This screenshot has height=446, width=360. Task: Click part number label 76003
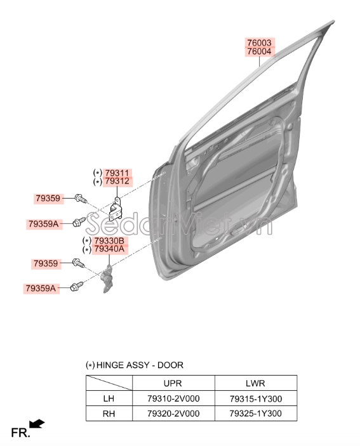click(259, 43)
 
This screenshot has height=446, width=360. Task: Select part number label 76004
click(259, 51)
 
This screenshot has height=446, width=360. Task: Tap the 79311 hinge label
click(117, 173)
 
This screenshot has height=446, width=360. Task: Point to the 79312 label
click(117, 181)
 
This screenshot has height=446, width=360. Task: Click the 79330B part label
click(109, 240)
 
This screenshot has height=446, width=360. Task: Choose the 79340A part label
click(109, 249)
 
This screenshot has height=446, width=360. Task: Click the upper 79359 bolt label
click(48, 198)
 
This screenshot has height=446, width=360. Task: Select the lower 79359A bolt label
click(41, 288)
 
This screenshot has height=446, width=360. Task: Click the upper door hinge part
click(116, 209)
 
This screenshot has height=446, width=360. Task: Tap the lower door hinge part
click(108, 278)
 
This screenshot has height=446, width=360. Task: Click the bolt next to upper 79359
click(80, 198)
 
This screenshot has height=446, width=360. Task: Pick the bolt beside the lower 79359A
click(77, 287)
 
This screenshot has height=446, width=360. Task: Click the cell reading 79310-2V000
click(173, 398)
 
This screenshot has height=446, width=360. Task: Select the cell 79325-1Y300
click(256, 413)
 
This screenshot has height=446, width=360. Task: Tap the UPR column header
click(173, 383)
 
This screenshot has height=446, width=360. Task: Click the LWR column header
click(255, 383)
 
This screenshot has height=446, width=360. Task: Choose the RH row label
click(109, 413)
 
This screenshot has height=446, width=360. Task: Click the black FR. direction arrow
click(37, 424)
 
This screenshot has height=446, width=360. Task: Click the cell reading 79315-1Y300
click(256, 398)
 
